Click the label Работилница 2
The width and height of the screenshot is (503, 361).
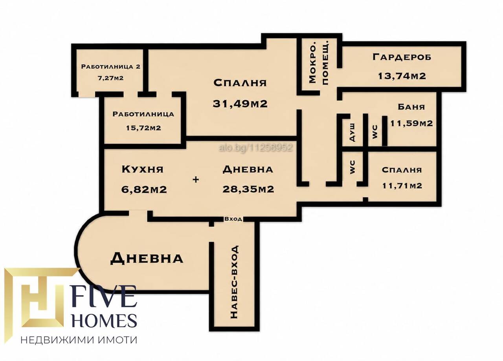(x=111, y=67)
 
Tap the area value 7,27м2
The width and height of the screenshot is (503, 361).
(x=110, y=78)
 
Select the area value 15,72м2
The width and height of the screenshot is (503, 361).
(x=143, y=128)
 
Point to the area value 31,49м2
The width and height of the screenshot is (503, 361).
(x=240, y=104)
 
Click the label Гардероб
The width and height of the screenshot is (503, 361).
(x=402, y=57)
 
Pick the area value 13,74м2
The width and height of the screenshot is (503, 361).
(x=402, y=76)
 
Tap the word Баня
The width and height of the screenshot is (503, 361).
(x=411, y=107)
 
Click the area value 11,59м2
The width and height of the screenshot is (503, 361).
(x=411, y=123)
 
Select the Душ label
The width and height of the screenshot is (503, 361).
(x=352, y=132)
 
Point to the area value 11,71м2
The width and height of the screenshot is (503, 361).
(x=402, y=186)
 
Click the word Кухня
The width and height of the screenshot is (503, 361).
(x=143, y=169)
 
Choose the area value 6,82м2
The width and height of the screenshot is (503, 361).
(x=144, y=190)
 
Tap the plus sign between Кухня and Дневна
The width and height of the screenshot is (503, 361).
(x=196, y=179)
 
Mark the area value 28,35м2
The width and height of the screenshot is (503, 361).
(x=248, y=189)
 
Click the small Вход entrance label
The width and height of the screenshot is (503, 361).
(x=233, y=219)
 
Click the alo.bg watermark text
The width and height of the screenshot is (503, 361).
(x=255, y=148)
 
